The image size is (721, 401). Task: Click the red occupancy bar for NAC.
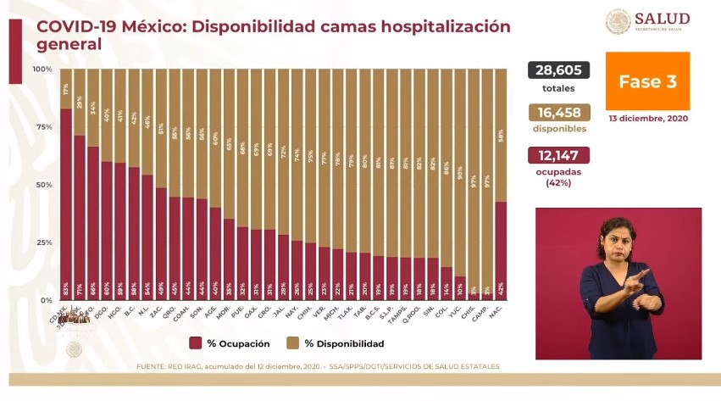pyautogui.click(x=501, y=250)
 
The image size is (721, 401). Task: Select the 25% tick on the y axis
pyautogui.click(x=42, y=242)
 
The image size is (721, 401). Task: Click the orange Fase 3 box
pyautogui.click(x=647, y=81)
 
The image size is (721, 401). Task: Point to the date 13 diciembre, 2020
pyautogui.click(x=647, y=119)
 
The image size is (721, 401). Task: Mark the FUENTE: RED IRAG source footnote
pyautogui.click(x=318, y=366)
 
